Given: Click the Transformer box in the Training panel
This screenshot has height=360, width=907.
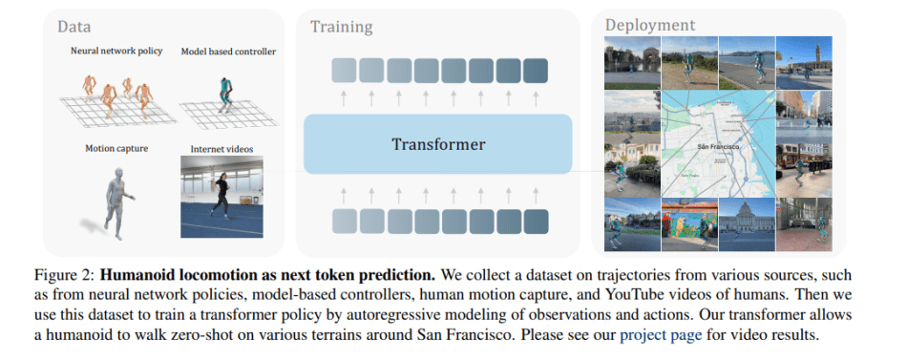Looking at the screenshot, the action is [x=437, y=144].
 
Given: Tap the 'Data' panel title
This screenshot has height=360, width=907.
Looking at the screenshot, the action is [x=74, y=27].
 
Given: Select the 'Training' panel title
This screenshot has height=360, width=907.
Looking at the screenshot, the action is [x=341, y=27].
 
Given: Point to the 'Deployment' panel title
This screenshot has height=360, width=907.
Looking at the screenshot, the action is [x=649, y=26].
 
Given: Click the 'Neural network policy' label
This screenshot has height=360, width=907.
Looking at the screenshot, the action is [x=116, y=51].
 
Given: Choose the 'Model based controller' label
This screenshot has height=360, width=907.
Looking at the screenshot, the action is [x=228, y=52].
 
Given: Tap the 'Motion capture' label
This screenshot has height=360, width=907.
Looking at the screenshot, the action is [x=116, y=149].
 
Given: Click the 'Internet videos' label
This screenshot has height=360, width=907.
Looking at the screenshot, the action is [x=221, y=149].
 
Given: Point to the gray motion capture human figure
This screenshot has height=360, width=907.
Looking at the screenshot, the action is [x=118, y=203].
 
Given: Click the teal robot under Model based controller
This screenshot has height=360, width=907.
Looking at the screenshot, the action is [x=225, y=95].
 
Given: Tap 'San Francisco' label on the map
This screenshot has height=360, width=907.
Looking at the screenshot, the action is [x=718, y=147].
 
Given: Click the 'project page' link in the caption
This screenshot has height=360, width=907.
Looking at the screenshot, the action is [x=661, y=335].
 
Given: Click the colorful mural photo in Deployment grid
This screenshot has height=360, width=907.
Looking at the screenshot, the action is [x=689, y=224].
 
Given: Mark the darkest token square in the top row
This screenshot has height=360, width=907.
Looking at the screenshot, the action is [x=535, y=71].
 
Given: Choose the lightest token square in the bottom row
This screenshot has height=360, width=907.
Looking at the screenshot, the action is [x=344, y=222].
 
